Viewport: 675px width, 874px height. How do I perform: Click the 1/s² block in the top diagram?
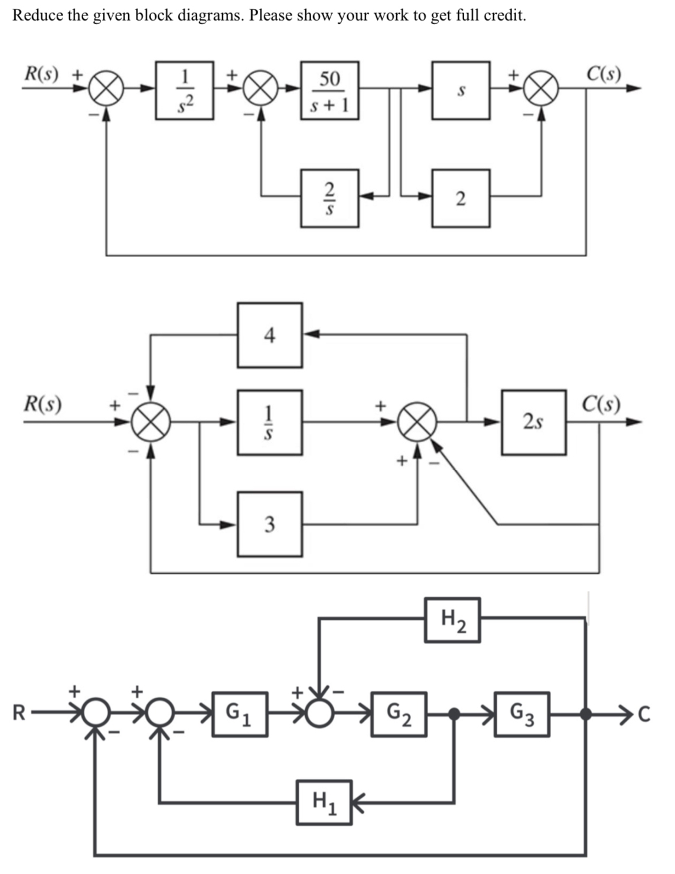point(184,90)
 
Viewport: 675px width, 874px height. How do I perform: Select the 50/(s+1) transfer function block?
point(330,90)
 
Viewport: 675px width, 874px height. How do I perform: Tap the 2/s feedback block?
point(330,199)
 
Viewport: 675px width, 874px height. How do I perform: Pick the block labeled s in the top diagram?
point(461,90)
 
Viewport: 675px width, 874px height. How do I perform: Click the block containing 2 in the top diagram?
point(461,199)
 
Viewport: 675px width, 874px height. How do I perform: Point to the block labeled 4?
point(270,336)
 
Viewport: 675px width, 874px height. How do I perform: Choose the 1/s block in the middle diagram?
point(270,422)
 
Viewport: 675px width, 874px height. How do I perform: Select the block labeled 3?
point(270,524)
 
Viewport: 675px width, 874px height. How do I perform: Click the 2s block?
point(533,422)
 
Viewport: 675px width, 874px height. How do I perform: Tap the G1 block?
point(240,714)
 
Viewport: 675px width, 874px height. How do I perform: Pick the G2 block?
point(399,714)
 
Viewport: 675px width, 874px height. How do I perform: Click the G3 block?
point(522,714)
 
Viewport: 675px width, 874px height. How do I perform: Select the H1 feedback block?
point(324,802)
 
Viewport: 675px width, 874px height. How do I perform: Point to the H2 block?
point(452,620)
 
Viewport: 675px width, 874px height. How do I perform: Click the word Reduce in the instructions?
point(37,15)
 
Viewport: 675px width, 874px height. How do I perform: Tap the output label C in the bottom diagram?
point(644,715)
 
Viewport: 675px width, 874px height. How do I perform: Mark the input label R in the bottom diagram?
point(19,714)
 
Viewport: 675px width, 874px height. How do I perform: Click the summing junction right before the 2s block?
point(418,423)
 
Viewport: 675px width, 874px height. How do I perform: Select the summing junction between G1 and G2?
point(319,714)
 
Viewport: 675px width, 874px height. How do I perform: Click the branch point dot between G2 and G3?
point(454,714)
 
